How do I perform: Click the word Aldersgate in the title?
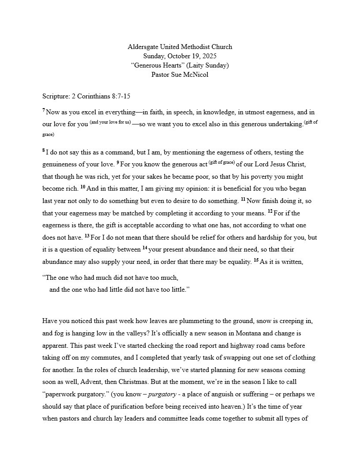pos(143,47)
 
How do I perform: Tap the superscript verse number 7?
pos(44,110)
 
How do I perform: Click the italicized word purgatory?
pos(161,394)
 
